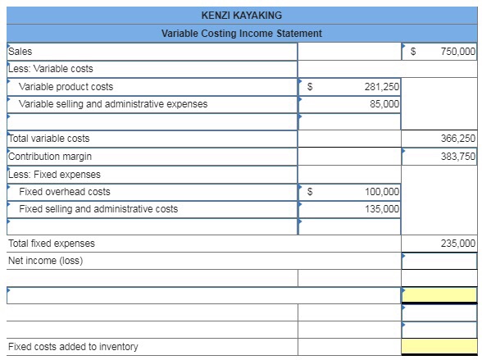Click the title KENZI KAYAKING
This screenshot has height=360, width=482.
[241, 15]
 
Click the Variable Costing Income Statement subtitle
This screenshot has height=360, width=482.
[241, 34]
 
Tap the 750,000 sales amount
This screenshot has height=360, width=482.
[457, 52]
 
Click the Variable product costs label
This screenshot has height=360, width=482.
[66, 87]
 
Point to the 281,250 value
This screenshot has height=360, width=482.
[381, 87]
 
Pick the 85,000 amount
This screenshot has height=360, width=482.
[384, 104]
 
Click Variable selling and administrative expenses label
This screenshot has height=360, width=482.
[113, 104]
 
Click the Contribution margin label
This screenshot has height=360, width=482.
[50, 157]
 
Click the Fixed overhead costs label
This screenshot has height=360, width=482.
[65, 192]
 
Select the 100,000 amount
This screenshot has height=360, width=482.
[381, 192]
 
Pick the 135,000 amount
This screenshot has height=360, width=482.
[381, 209]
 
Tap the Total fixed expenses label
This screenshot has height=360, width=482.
[51, 244]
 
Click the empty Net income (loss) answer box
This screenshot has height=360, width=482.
[439, 262]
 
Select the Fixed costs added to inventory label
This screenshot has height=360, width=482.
[73, 347]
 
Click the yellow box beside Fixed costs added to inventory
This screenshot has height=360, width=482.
[439, 347]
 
